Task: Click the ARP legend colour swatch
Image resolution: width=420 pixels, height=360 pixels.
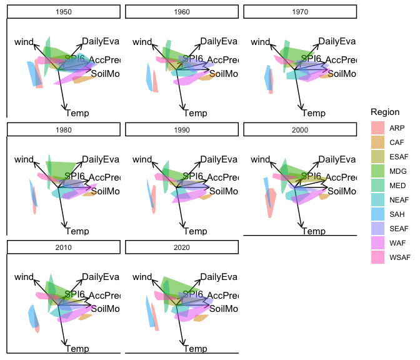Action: click(x=377, y=127)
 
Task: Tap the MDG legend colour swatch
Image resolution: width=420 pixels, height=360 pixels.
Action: click(x=377, y=171)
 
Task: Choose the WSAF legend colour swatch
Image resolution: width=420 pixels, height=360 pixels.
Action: click(x=377, y=257)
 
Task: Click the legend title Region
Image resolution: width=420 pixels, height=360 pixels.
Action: click(x=385, y=111)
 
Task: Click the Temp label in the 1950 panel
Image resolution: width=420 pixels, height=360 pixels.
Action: click(x=77, y=112)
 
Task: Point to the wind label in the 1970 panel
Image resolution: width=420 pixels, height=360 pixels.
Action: click(x=261, y=42)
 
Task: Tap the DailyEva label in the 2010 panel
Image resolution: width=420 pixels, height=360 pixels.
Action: click(x=100, y=277)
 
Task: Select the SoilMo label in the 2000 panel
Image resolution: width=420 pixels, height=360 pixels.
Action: click(x=342, y=191)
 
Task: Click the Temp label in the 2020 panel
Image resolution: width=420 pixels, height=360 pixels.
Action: click(x=196, y=348)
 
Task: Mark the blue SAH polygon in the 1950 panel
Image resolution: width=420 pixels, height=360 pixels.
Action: click(x=32, y=73)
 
